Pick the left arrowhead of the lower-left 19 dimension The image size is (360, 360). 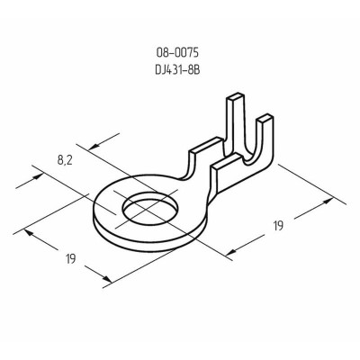[31, 231]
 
